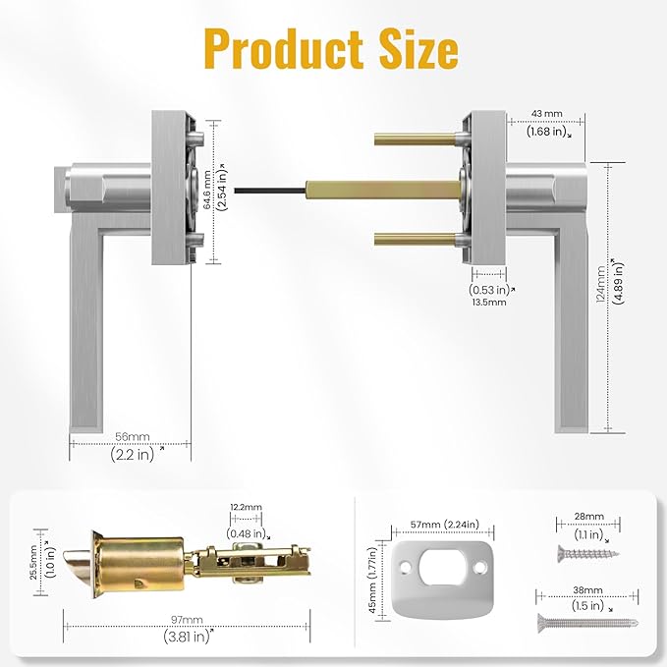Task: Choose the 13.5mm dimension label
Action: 489,303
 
